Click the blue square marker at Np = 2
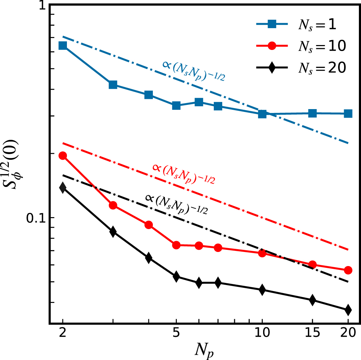[x=63, y=46]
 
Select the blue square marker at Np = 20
[x=348, y=113]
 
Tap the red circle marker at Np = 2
[x=63, y=156]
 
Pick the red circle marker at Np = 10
[x=262, y=253]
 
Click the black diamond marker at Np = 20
[x=348, y=310]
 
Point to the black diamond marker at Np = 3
[x=113, y=232]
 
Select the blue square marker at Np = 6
[x=199, y=102]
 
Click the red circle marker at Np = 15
[x=312, y=265]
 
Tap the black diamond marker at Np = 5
[x=176, y=277]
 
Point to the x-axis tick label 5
[x=176, y=334]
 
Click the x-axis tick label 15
[x=312, y=334]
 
